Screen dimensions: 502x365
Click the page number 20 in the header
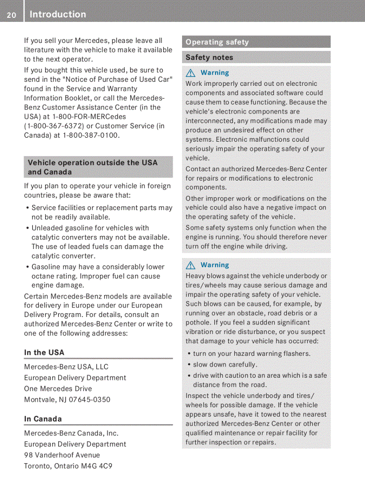click(11, 15)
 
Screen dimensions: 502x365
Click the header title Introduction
click(58, 14)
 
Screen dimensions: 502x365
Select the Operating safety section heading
click(217, 42)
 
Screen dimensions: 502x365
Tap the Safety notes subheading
click(209, 57)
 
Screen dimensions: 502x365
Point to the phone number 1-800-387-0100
click(91, 135)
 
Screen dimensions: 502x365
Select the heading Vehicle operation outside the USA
click(93, 163)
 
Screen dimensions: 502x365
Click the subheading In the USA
click(44, 352)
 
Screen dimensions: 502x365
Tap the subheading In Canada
click(43, 419)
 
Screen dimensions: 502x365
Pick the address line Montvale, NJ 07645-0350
click(67, 399)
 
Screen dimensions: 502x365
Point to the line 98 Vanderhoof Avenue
click(62, 455)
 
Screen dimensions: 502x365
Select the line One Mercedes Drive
click(58, 388)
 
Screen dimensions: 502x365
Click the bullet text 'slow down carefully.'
click(225, 364)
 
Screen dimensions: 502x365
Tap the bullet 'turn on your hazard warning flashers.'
click(251, 354)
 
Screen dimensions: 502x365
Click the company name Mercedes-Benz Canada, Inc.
click(71, 433)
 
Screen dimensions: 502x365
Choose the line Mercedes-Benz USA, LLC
click(66, 367)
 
